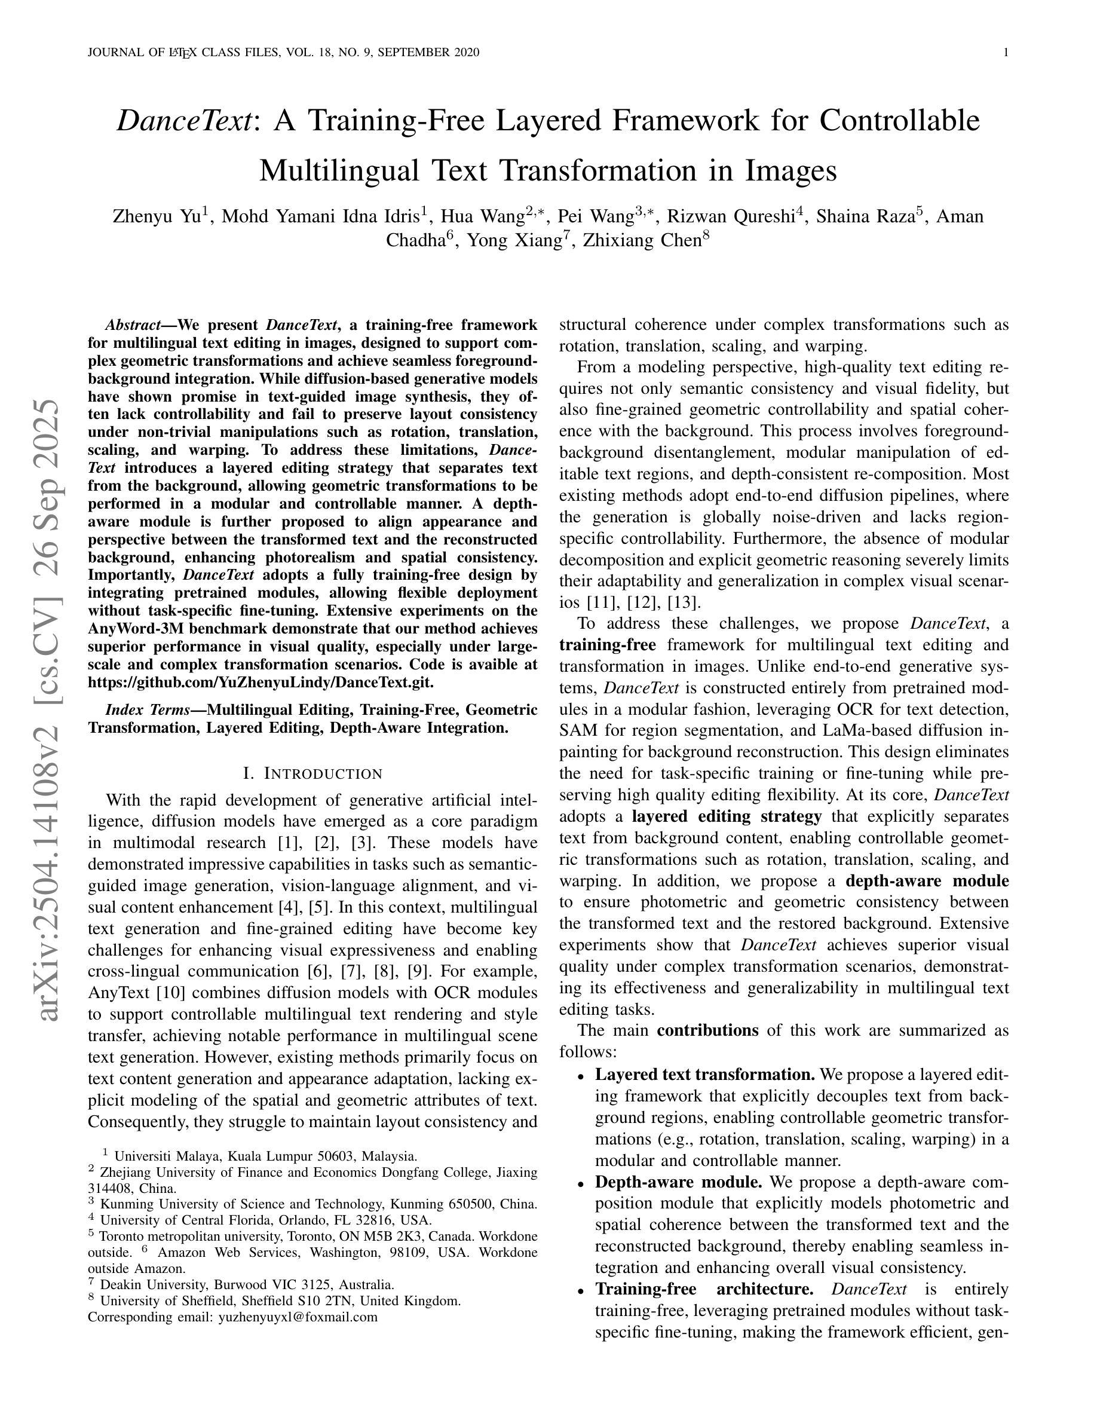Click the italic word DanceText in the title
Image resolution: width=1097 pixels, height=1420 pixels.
coord(185,121)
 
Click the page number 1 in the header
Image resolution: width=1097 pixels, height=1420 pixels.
coord(1006,53)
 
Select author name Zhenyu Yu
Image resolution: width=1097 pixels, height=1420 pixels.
coord(157,216)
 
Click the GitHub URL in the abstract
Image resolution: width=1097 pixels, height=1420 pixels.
coord(260,683)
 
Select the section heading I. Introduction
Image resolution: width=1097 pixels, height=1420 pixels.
coord(312,774)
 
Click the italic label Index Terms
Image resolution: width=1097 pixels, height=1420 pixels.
coord(147,709)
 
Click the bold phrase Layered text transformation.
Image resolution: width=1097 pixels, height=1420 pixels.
coord(705,1075)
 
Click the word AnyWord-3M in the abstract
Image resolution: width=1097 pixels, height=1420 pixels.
coord(132,629)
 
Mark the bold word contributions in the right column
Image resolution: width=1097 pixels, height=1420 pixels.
coord(707,1030)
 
